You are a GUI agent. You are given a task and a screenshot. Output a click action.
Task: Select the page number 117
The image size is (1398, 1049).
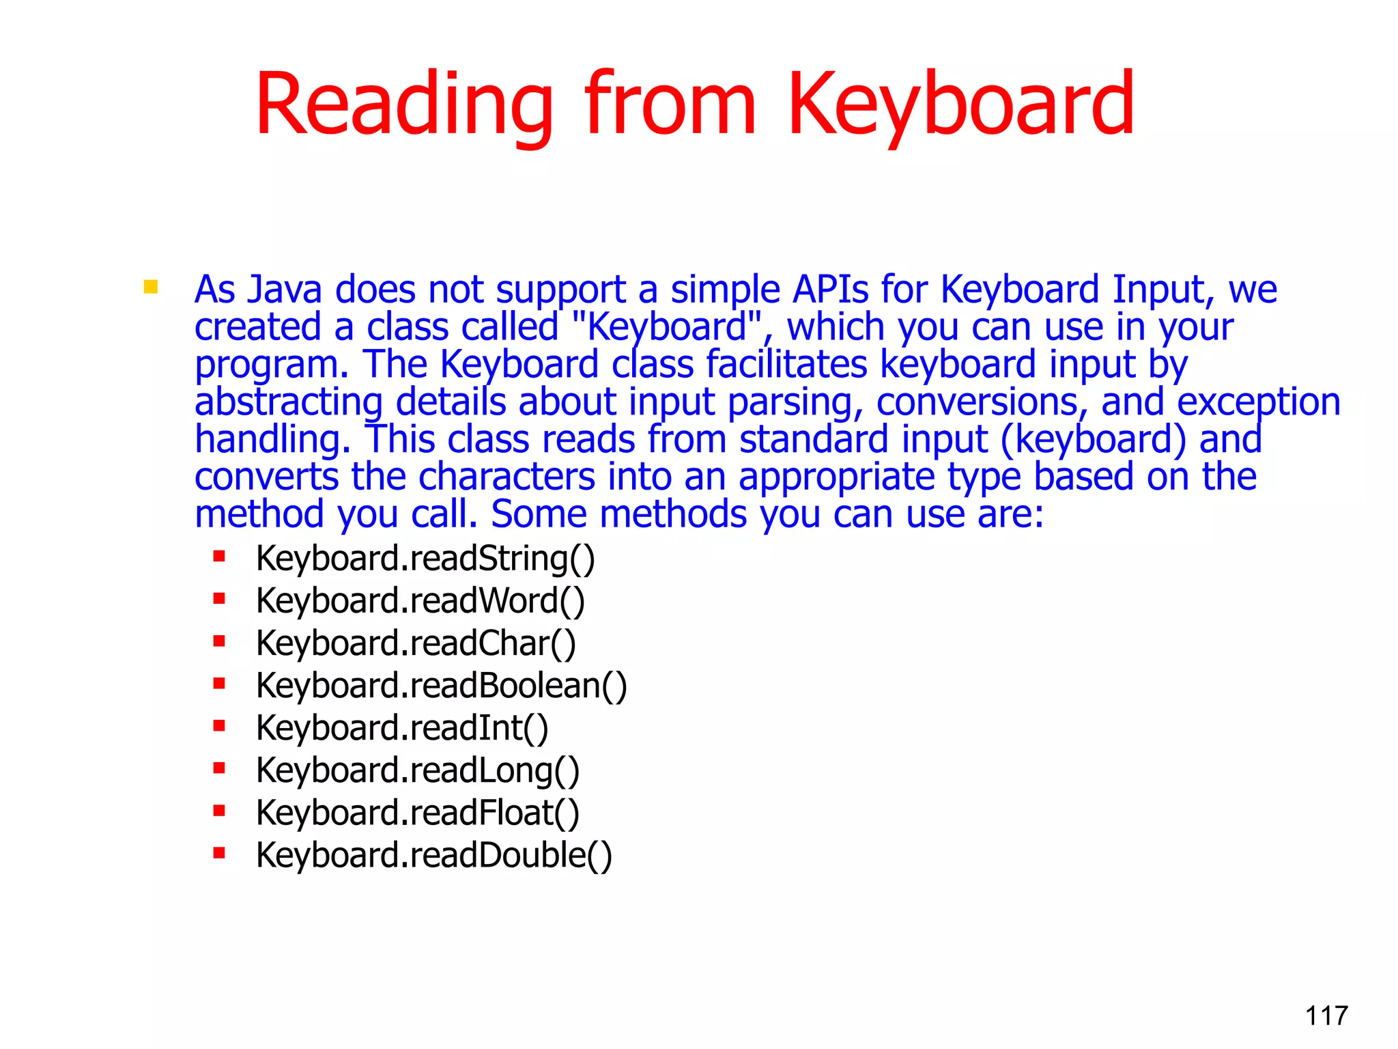click(1326, 1016)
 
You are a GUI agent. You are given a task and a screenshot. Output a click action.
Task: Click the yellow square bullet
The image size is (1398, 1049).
click(151, 287)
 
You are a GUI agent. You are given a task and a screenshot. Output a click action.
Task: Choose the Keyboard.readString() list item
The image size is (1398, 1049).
click(425, 559)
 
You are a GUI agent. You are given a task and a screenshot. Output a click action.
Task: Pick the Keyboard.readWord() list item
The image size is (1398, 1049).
click(420, 601)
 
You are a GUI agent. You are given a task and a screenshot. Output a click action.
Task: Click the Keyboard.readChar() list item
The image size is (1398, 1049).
click(416, 643)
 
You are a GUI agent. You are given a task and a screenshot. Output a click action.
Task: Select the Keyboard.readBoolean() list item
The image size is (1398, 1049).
click(441, 686)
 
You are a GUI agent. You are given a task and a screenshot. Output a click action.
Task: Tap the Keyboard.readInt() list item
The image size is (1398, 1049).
click(402, 728)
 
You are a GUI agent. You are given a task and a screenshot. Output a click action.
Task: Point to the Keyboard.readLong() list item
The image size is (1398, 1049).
click(418, 770)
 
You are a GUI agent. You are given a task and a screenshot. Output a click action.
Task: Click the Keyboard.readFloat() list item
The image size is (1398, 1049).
click(418, 813)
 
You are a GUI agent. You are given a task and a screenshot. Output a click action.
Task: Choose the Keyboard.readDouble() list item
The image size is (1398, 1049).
click(434, 855)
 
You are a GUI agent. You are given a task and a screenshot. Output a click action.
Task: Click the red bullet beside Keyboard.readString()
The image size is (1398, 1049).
click(219, 556)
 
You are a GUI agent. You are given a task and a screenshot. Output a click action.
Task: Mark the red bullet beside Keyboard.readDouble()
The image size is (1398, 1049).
click(219, 852)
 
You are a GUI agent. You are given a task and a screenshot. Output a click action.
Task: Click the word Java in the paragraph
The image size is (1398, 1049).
click(284, 290)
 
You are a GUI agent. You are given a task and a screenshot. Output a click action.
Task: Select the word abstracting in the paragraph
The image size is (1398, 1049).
click(288, 402)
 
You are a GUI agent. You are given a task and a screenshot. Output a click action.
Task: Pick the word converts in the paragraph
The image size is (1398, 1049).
click(266, 477)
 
